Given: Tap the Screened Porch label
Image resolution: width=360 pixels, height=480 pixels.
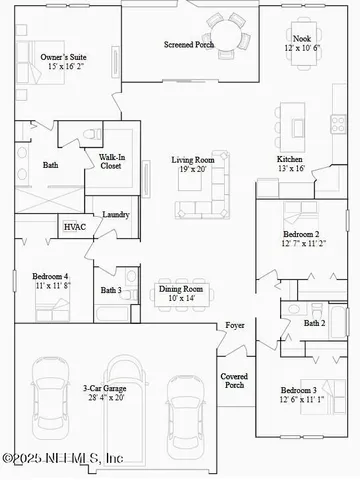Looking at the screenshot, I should pyautogui.click(x=189, y=45).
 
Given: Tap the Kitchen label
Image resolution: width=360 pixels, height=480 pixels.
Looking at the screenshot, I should pyautogui.click(x=291, y=164).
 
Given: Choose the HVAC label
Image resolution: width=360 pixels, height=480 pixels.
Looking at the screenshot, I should pyautogui.click(x=75, y=228).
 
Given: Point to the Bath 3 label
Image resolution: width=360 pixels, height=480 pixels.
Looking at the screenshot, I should pyautogui.click(x=111, y=291).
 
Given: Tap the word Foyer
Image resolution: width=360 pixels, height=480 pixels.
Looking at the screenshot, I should pyautogui.click(x=235, y=326).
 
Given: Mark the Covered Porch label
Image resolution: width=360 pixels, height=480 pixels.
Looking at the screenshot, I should pyautogui.click(x=234, y=380).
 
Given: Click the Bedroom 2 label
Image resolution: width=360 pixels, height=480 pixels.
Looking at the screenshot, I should pyautogui.click(x=301, y=238).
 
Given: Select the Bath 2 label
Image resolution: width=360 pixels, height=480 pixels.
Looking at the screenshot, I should pyautogui.click(x=314, y=323).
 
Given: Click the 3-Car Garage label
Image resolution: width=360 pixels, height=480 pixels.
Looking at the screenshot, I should pyautogui.click(x=103, y=392).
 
